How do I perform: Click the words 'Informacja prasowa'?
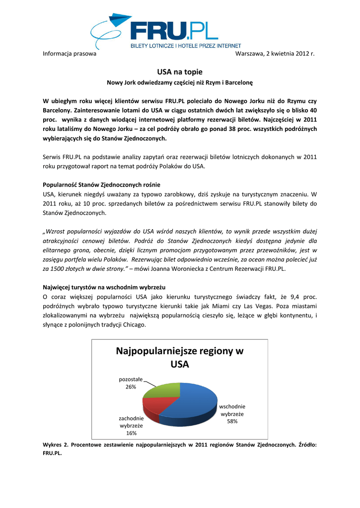[x=70, y=54]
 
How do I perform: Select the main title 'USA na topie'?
[x=180, y=72]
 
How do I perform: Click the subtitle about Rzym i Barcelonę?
[x=180, y=82]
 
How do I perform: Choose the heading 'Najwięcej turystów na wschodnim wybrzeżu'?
[x=104, y=287]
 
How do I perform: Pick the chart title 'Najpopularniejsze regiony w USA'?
[x=180, y=358]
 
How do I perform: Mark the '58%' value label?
[x=232, y=421]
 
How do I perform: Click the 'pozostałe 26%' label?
[x=131, y=383]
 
